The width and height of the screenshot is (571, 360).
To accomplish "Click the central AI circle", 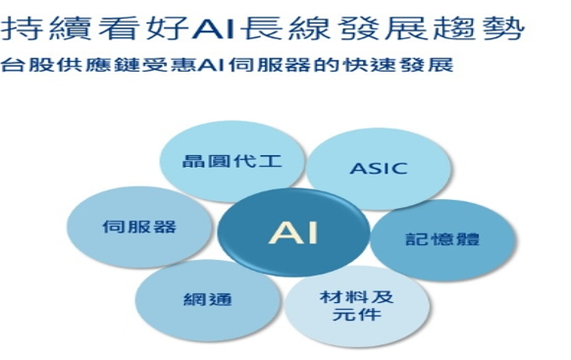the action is [293, 232].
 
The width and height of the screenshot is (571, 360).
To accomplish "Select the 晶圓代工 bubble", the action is [232, 162].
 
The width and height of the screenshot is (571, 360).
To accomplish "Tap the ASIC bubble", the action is [379, 169].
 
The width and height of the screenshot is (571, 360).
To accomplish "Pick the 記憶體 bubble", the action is [442, 240].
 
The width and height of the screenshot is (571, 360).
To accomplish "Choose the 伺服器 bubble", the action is [139, 228].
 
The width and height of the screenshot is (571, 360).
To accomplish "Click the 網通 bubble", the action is [208, 300].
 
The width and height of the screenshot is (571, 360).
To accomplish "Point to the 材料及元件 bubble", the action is [357, 306].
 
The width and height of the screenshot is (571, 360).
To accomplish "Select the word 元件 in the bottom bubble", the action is [357, 315].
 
